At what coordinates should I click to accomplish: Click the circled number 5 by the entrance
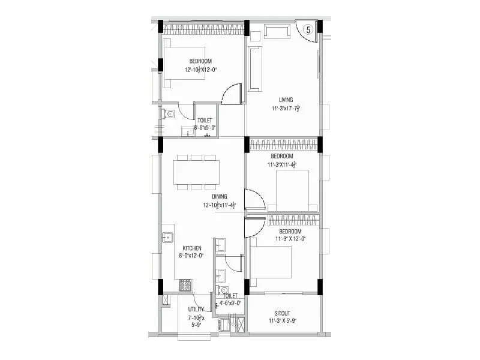(x=308, y=29)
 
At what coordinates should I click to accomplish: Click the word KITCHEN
(x=192, y=248)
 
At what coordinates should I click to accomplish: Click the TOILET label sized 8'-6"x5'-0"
(x=204, y=121)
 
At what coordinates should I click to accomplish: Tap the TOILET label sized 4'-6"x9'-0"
(x=230, y=296)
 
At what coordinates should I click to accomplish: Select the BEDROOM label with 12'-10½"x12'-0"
(x=200, y=61)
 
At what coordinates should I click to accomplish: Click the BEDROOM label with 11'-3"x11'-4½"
(x=281, y=156)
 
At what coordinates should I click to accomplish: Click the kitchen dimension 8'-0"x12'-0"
(x=191, y=256)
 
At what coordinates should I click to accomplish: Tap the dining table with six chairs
(x=196, y=172)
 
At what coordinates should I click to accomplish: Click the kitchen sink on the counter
(x=167, y=238)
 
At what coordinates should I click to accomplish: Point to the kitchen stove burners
(x=185, y=285)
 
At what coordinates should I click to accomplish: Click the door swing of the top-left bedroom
(x=231, y=94)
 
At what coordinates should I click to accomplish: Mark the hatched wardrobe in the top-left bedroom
(x=203, y=28)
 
